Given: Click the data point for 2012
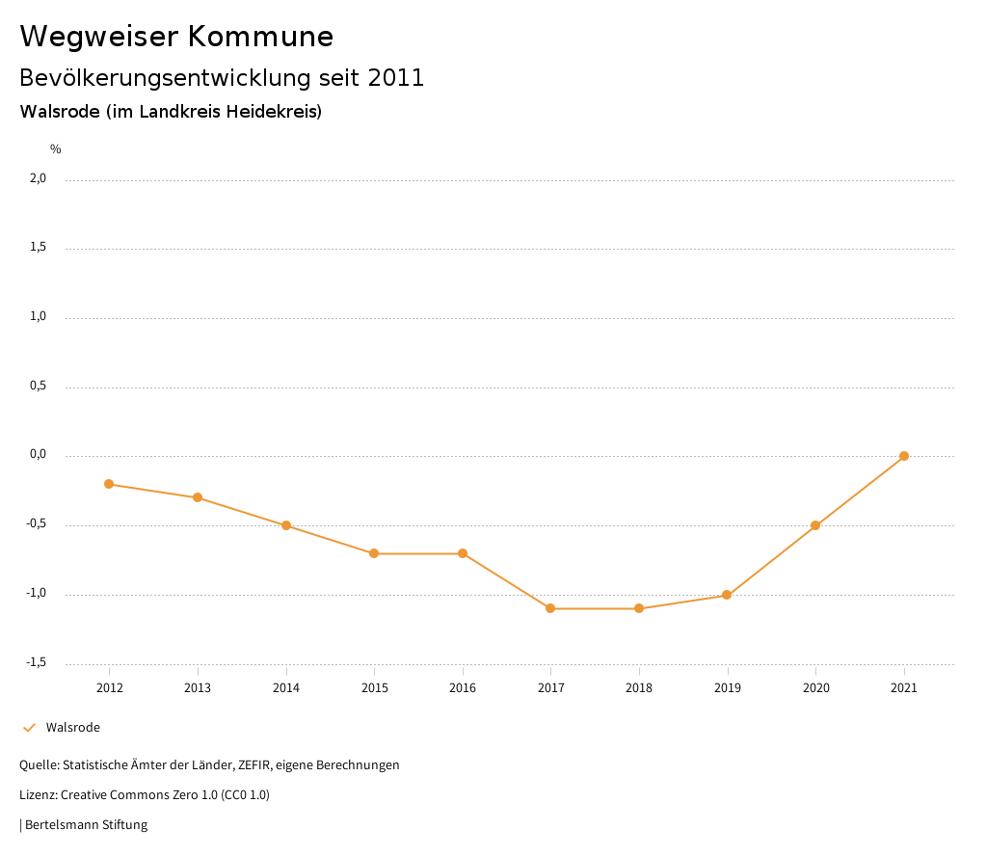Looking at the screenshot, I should pyautogui.click(x=109, y=484).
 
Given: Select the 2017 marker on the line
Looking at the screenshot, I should pyautogui.click(x=550, y=608).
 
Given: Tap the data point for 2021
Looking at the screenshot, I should pyautogui.click(x=904, y=456).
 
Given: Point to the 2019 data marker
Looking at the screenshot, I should pyautogui.click(x=727, y=595).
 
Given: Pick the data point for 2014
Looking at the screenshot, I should pyautogui.click(x=286, y=525).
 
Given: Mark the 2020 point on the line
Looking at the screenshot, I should pyautogui.click(x=815, y=525).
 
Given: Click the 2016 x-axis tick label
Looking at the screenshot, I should pyautogui.click(x=463, y=688).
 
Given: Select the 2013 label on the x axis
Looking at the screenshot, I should pyautogui.click(x=198, y=688).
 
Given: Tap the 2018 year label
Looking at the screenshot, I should pyautogui.click(x=639, y=688).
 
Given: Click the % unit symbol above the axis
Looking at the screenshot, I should pyautogui.click(x=56, y=149).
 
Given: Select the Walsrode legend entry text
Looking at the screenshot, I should pyautogui.click(x=72, y=728).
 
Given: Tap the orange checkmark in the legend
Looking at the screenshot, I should pyautogui.click(x=29, y=728).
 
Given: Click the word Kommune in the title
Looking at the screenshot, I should pyautogui.click(x=260, y=37).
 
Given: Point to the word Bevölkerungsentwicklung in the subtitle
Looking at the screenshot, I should pyautogui.click(x=163, y=78).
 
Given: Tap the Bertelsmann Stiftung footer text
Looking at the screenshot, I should pyautogui.click(x=86, y=825).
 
